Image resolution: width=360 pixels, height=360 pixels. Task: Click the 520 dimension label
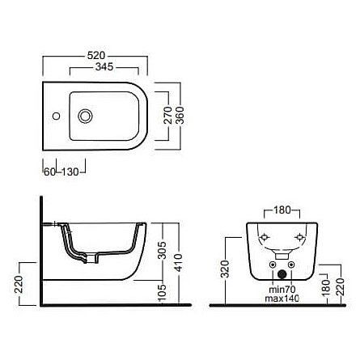click(96, 56)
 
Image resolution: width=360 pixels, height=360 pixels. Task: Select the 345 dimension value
click(104, 67)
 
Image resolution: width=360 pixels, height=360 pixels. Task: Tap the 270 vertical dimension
click(168, 115)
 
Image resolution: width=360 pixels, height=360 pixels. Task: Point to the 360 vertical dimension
click(180, 115)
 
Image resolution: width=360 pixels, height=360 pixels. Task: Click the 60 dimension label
click(49, 172)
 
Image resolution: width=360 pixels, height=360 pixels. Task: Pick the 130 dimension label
click(70, 172)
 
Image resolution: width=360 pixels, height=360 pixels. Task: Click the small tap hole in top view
click(56, 116)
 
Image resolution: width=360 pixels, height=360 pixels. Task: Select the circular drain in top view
click(85, 116)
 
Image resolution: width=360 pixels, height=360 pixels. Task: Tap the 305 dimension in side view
click(162, 250)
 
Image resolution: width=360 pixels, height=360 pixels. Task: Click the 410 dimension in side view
click(178, 262)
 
